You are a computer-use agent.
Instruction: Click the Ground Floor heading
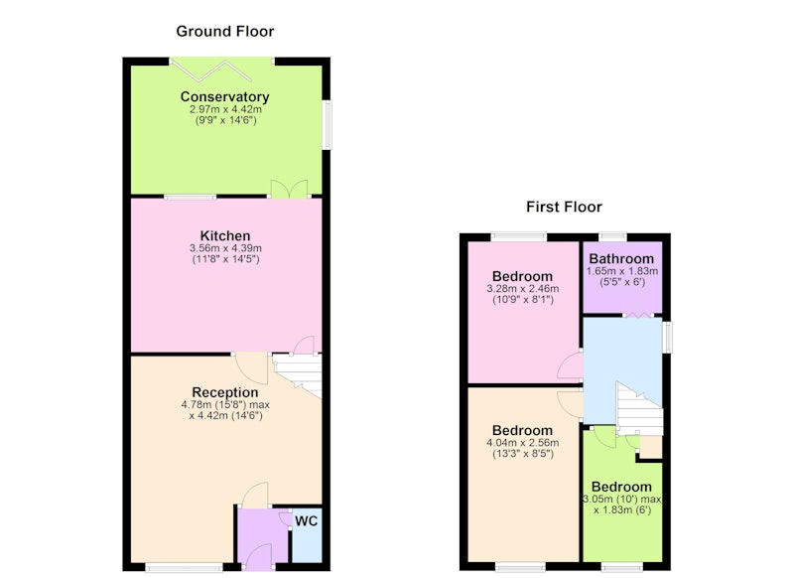[x=225, y=32]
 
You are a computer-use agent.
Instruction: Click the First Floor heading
[x=564, y=207]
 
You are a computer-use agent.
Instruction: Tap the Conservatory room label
[x=225, y=96]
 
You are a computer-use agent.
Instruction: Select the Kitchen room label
[x=225, y=235]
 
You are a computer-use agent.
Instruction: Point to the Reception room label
[x=225, y=392]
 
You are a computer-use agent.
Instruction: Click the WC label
[x=307, y=520]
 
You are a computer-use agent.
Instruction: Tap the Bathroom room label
[x=621, y=259]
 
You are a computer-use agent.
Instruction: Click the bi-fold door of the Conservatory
[x=211, y=70]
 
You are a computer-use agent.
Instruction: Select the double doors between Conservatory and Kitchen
[x=289, y=189]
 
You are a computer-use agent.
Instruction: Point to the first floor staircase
[x=639, y=409]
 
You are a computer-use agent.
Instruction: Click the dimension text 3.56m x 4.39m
[x=225, y=248]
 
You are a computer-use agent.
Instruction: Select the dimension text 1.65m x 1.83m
[x=622, y=271]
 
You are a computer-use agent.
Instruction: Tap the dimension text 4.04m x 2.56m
[x=523, y=443]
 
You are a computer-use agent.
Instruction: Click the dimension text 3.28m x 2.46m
[x=523, y=289]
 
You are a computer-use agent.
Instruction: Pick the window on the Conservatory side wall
[x=328, y=124]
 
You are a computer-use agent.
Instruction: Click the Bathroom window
[x=612, y=236]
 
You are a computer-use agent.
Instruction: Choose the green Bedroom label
[x=621, y=487]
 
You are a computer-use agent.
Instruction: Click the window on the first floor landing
[x=668, y=337]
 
